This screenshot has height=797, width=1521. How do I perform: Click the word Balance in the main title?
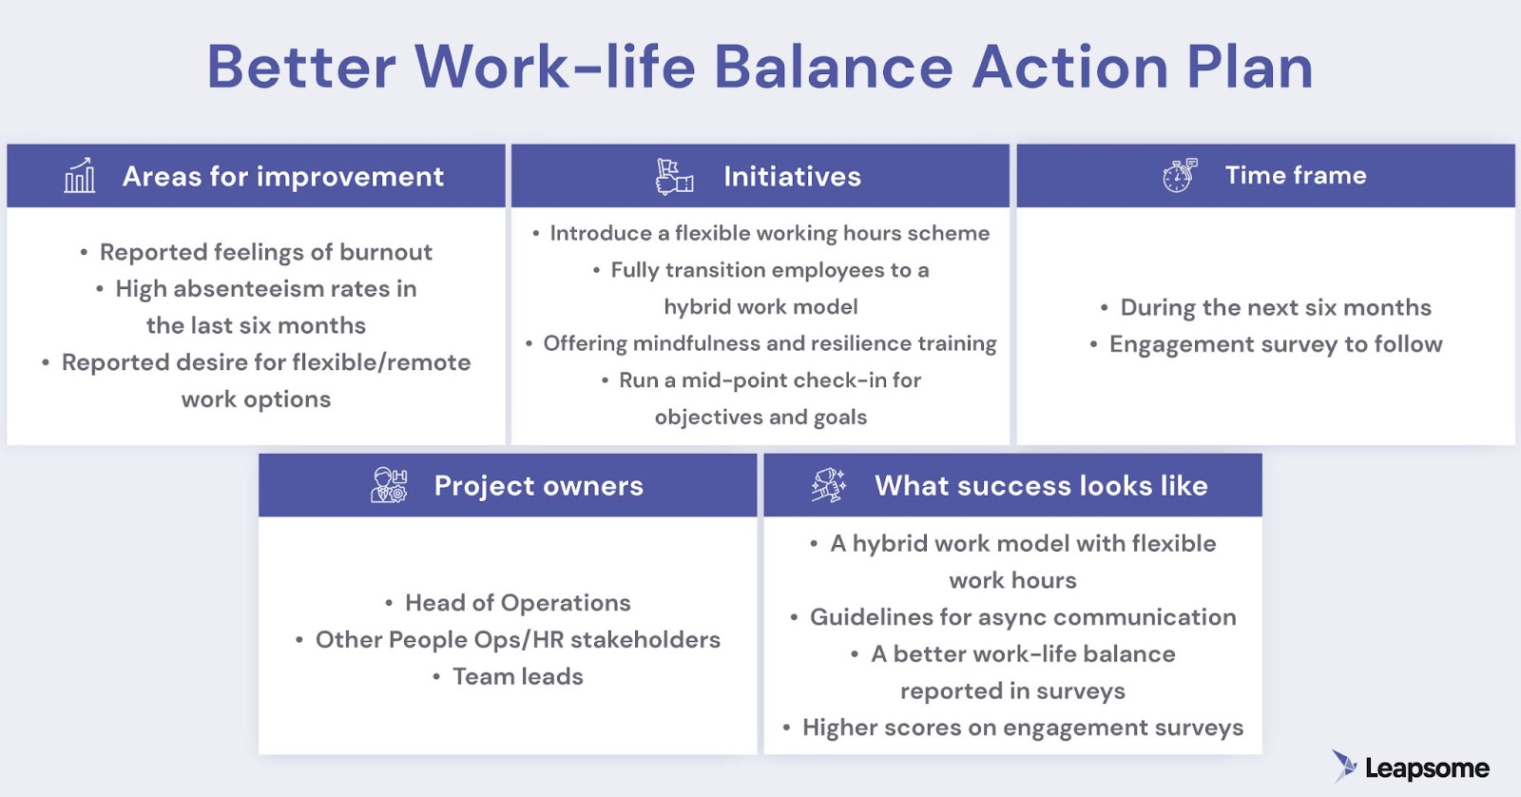833,68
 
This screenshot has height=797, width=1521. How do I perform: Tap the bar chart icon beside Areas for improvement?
80,176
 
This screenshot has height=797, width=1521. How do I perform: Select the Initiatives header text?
792,176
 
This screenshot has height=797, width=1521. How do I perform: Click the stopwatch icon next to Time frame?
1180,176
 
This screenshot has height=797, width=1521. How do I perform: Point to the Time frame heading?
1295,175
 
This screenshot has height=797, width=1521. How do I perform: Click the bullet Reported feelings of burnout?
265,252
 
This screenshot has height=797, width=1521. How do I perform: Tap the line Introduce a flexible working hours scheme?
769,233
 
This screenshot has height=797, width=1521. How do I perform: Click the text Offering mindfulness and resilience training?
769,343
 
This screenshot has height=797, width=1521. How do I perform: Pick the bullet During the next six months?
1275,307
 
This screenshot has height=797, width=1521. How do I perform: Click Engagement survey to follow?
1275,344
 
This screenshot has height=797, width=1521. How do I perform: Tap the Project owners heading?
538,486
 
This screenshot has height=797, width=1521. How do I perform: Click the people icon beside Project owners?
389,485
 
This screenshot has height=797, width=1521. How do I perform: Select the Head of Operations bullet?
517,603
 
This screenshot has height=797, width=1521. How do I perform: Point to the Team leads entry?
517,676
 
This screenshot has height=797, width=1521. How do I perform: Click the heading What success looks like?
1041,486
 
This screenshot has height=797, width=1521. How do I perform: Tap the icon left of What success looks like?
828,485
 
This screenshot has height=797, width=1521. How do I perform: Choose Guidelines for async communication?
1022,617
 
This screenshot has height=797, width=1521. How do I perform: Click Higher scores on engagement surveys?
1022,728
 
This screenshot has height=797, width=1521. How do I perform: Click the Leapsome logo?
1411,767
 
